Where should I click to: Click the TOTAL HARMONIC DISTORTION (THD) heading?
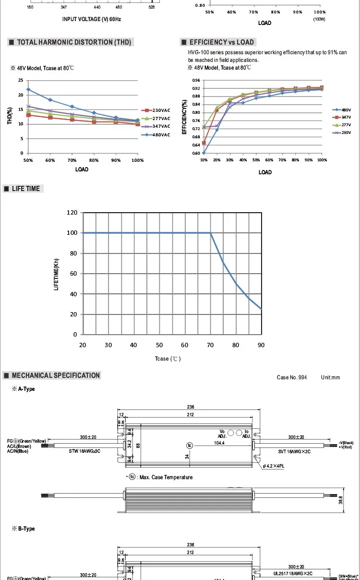(74, 42)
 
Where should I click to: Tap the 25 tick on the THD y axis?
(20, 80)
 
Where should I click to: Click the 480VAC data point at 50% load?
(28, 89)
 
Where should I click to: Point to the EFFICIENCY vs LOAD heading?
(221, 42)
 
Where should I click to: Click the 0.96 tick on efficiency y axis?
(196, 80)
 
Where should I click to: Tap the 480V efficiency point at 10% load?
(204, 153)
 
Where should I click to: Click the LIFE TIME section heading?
(26, 189)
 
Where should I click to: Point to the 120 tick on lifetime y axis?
(72, 212)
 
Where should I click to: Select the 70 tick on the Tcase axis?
(210, 345)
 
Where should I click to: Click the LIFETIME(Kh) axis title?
(57, 273)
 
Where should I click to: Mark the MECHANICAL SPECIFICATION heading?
(56, 375)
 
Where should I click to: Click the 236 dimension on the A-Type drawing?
(191, 407)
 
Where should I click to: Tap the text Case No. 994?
(291, 377)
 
